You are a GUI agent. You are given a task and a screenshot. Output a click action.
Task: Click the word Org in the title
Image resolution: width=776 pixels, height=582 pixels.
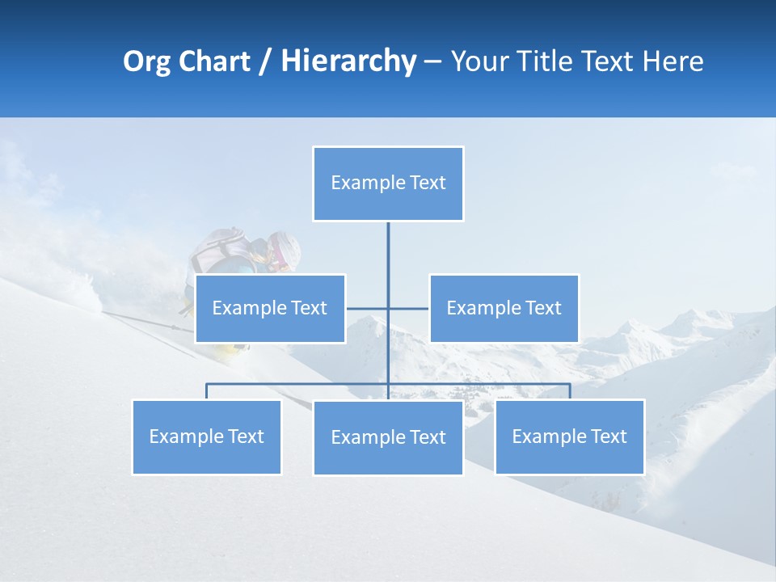[147, 61]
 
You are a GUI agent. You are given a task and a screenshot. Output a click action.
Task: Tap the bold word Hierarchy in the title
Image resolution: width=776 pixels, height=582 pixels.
[348, 61]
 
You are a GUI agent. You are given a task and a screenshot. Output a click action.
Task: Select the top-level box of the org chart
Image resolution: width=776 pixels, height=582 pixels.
[388, 183]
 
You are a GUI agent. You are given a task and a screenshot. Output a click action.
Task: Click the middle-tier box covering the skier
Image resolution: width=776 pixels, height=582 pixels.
[270, 308]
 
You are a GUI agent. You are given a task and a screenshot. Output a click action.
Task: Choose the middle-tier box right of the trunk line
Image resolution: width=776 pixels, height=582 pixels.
[504, 308]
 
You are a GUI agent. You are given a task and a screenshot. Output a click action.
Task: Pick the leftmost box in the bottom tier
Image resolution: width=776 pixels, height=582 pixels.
[206, 436]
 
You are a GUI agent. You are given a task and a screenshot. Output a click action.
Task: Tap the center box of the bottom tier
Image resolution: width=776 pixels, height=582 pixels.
[388, 437]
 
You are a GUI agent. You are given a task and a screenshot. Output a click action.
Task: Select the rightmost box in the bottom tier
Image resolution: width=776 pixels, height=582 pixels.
[569, 436]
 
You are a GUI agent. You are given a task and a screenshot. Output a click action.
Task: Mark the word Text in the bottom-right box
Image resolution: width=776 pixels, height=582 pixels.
[609, 436]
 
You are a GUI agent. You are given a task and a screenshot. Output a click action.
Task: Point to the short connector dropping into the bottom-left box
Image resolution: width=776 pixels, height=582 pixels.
[206, 391]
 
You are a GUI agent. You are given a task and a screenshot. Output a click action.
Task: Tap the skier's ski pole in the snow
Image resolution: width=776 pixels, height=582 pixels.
[145, 320]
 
